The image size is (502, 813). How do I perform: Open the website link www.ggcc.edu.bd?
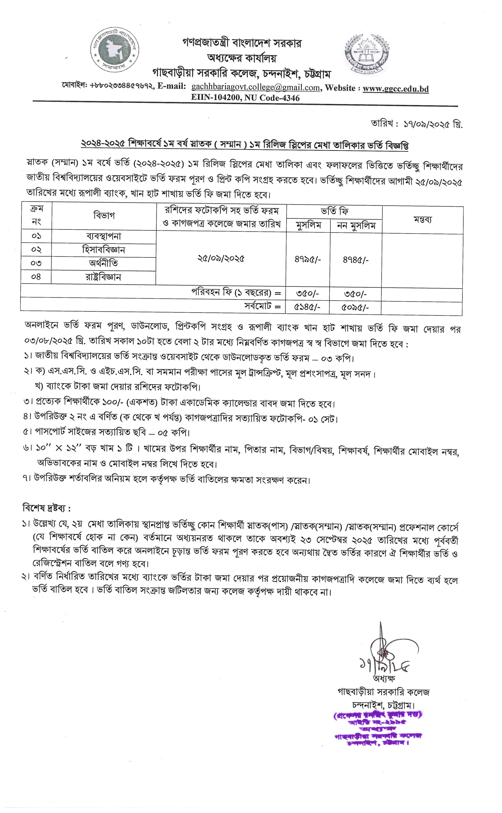click(x=395, y=89)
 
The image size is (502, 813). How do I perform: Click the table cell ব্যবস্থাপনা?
click(x=104, y=236)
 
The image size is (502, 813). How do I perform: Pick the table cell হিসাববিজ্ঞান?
click(x=104, y=250)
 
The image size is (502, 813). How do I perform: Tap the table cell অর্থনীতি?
click(x=104, y=263)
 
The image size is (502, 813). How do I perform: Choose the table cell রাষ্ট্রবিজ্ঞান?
click(x=104, y=277)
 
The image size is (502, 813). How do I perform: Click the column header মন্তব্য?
click(x=422, y=220)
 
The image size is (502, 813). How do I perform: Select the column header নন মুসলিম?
click(x=356, y=226)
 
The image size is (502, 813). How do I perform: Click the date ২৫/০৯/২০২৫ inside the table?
click(x=221, y=258)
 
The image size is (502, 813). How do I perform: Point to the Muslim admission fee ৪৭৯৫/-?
click(x=308, y=260)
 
